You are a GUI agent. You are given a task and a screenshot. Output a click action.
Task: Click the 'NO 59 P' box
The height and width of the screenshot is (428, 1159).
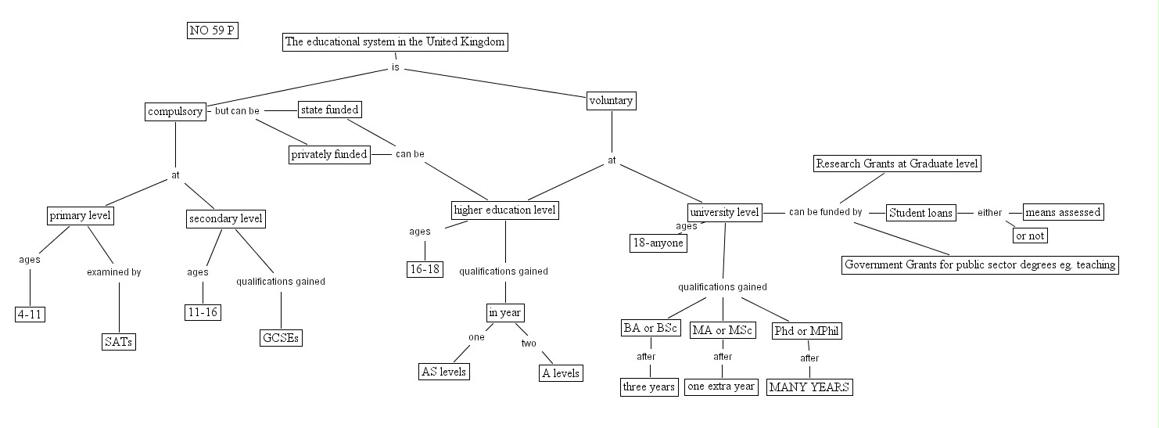(x=213, y=31)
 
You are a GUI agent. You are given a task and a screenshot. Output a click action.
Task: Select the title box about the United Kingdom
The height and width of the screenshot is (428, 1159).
(x=395, y=42)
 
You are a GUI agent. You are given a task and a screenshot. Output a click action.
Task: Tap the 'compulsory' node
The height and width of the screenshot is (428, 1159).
(x=176, y=112)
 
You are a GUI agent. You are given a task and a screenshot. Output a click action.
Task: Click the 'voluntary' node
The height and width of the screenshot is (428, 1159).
(x=611, y=101)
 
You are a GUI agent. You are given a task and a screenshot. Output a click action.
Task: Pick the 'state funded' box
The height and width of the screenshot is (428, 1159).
(x=330, y=110)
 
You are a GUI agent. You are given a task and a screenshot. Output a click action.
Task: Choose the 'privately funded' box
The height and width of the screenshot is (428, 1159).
(x=329, y=155)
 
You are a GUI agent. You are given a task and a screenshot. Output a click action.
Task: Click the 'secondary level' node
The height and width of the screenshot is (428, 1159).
(x=226, y=219)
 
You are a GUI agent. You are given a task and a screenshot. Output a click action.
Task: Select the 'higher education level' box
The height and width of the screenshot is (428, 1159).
(x=506, y=210)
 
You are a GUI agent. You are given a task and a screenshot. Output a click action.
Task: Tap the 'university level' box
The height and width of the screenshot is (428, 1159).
(x=725, y=213)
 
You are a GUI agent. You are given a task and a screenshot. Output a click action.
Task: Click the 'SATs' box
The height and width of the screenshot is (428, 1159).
(x=119, y=342)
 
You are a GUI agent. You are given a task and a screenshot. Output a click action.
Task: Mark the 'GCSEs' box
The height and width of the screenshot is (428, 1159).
(x=281, y=339)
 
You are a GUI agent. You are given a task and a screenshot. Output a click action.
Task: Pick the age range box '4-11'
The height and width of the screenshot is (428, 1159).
(x=30, y=315)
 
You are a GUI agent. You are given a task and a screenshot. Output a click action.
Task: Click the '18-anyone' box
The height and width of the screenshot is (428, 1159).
(x=658, y=243)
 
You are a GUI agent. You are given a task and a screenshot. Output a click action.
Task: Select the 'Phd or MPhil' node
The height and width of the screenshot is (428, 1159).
(x=807, y=331)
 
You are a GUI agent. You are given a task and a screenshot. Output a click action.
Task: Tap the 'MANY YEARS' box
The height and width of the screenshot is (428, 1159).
(x=809, y=387)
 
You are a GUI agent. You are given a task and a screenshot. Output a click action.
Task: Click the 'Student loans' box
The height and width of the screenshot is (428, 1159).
(x=921, y=213)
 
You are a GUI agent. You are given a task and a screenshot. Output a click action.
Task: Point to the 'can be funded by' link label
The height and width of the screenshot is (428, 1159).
(x=825, y=212)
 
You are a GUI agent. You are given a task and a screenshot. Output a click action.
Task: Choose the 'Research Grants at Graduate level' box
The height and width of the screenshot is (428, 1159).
(x=897, y=164)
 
